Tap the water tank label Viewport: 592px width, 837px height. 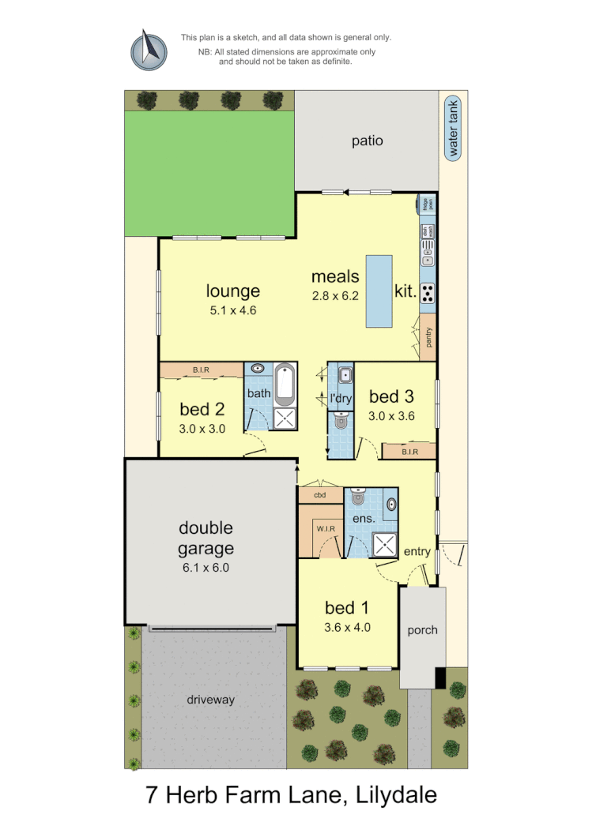click(x=453, y=128)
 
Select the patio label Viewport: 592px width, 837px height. click(x=368, y=141)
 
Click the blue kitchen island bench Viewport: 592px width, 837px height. click(x=379, y=291)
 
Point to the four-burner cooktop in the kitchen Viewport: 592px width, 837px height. click(x=428, y=293)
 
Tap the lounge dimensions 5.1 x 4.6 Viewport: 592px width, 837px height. click(x=232, y=310)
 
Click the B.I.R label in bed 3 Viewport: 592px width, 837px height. click(x=409, y=452)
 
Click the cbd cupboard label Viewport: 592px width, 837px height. click(x=320, y=495)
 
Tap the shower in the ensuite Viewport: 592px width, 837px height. click(x=386, y=543)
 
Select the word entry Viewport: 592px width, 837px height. click(x=417, y=551)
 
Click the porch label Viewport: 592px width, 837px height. click(x=422, y=630)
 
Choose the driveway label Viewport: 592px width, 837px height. click(x=210, y=700)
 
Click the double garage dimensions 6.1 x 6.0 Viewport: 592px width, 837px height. click(x=205, y=567)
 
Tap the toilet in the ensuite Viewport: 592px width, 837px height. click(x=357, y=497)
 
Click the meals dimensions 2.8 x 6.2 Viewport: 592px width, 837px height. click(x=335, y=296)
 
